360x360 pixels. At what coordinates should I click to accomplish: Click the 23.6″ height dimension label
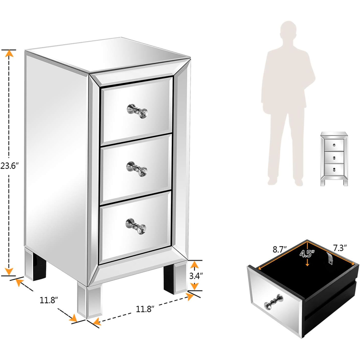click(x=9, y=166)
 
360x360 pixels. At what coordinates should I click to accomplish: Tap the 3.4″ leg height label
click(x=196, y=276)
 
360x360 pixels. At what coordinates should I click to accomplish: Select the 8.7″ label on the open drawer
click(x=280, y=249)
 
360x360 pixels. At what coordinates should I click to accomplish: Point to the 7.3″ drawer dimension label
click(x=340, y=248)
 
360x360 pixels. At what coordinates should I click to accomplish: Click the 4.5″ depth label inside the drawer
click(x=307, y=253)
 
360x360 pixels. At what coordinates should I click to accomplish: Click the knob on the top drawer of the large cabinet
click(x=137, y=111)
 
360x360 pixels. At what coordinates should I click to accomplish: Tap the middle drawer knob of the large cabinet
click(x=137, y=169)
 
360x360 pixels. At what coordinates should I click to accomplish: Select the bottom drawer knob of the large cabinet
click(x=136, y=226)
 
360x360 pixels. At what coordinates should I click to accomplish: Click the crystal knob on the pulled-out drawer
click(x=273, y=302)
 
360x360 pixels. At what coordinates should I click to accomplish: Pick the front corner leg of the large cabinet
click(x=90, y=301)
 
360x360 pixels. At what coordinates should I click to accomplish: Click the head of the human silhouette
click(x=288, y=31)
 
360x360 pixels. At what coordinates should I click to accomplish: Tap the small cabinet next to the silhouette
click(x=334, y=159)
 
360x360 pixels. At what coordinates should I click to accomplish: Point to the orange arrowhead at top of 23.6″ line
click(x=9, y=53)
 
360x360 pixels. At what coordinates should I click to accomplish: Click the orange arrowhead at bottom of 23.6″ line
click(x=9, y=272)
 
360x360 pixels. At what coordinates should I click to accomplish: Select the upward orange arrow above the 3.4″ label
click(x=194, y=264)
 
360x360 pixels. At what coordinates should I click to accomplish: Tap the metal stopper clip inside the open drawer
click(x=329, y=258)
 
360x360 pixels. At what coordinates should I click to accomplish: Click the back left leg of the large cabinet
click(x=35, y=264)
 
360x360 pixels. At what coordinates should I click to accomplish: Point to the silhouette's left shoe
click(x=273, y=181)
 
